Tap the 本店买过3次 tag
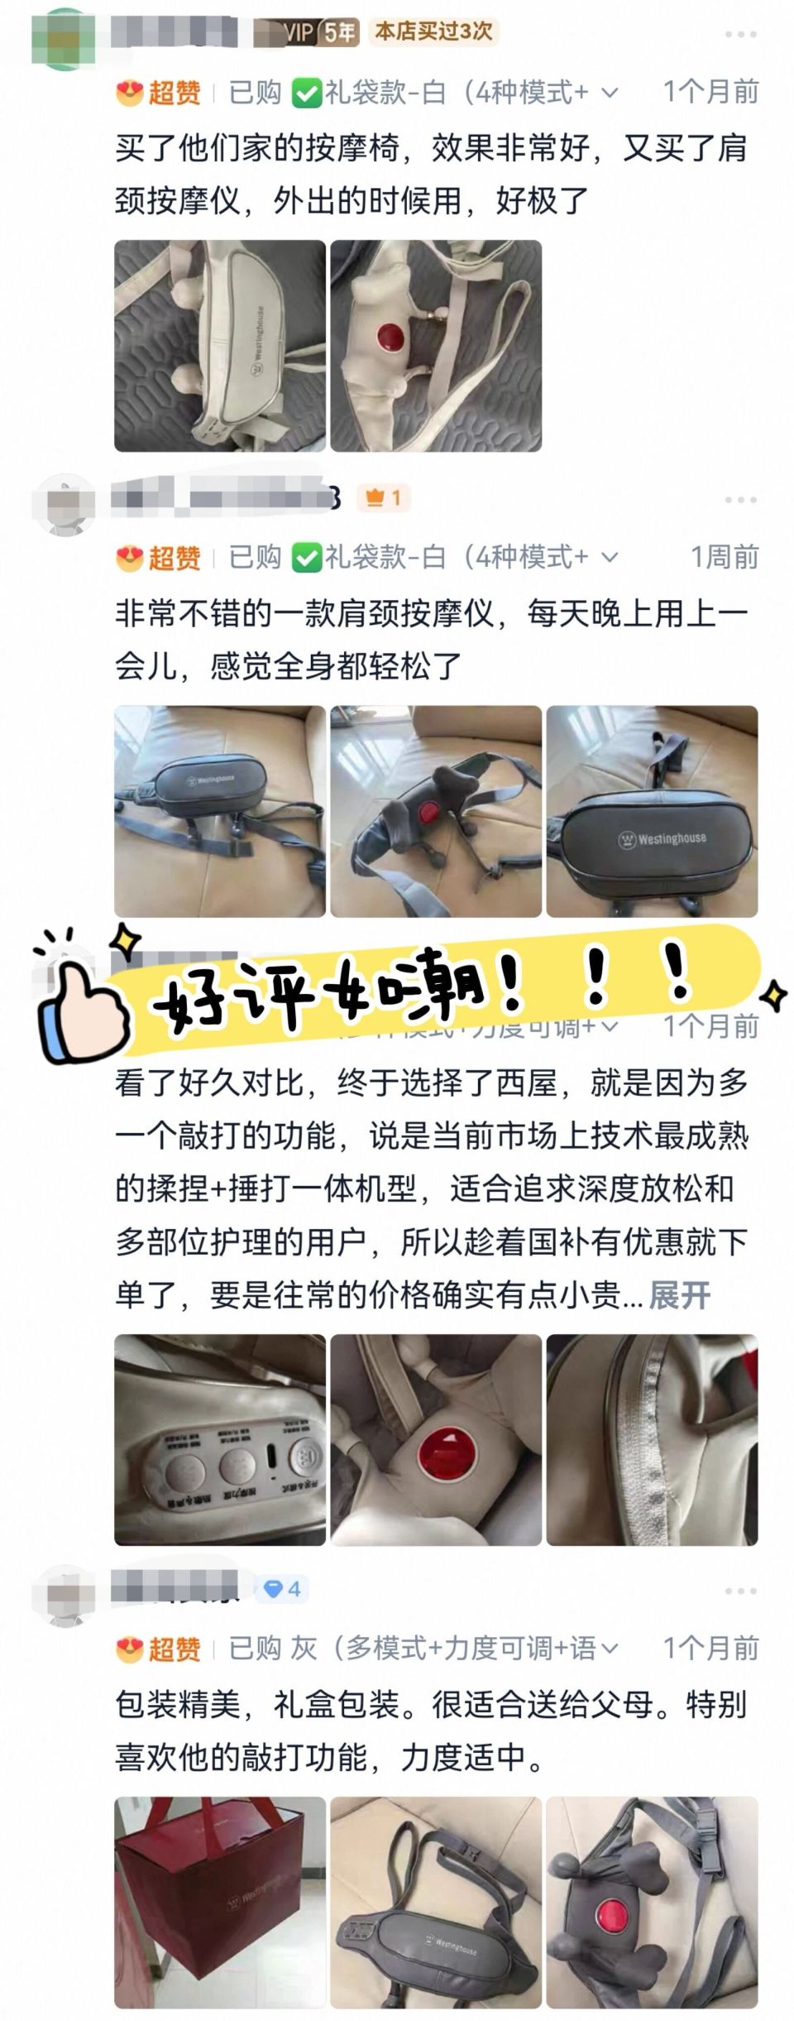pyautogui.click(x=433, y=31)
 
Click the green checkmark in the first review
pyautogui.click(x=306, y=94)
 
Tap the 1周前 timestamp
pyautogui.click(x=724, y=557)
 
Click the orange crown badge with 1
pyautogui.click(x=384, y=497)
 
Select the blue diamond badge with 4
pyautogui.click(x=281, y=1588)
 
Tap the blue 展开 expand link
pyautogui.click(x=679, y=1295)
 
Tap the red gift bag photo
pyautogui.click(x=220, y=1903)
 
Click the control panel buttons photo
pyautogui.click(x=220, y=1440)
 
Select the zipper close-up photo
pyautogui.click(x=652, y=1440)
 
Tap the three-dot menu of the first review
pyautogui.click(x=740, y=35)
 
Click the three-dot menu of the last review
pyautogui.click(x=740, y=1591)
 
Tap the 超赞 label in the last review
pyautogui.click(x=174, y=1649)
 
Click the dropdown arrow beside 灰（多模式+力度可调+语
pyautogui.click(x=610, y=1649)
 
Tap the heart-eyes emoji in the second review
pyautogui.click(x=129, y=558)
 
